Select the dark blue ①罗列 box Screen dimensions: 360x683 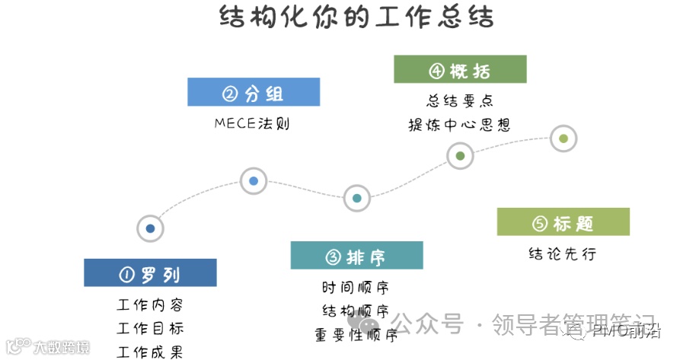(150, 273)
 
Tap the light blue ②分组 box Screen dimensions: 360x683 (254, 92)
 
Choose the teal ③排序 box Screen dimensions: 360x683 (356, 256)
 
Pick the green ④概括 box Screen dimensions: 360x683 (460, 69)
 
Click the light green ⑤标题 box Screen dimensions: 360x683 (563, 222)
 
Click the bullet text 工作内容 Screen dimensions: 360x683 (150, 305)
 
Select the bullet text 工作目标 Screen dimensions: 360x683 (150, 329)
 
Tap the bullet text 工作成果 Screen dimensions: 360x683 (150, 352)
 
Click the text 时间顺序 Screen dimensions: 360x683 (356, 288)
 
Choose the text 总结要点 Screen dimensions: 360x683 (459, 100)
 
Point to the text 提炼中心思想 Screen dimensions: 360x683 (459, 125)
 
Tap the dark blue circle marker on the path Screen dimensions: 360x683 (150, 228)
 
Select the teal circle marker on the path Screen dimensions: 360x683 (356, 198)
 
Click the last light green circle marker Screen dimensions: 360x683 (563, 139)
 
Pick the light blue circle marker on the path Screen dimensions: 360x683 (254, 181)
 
